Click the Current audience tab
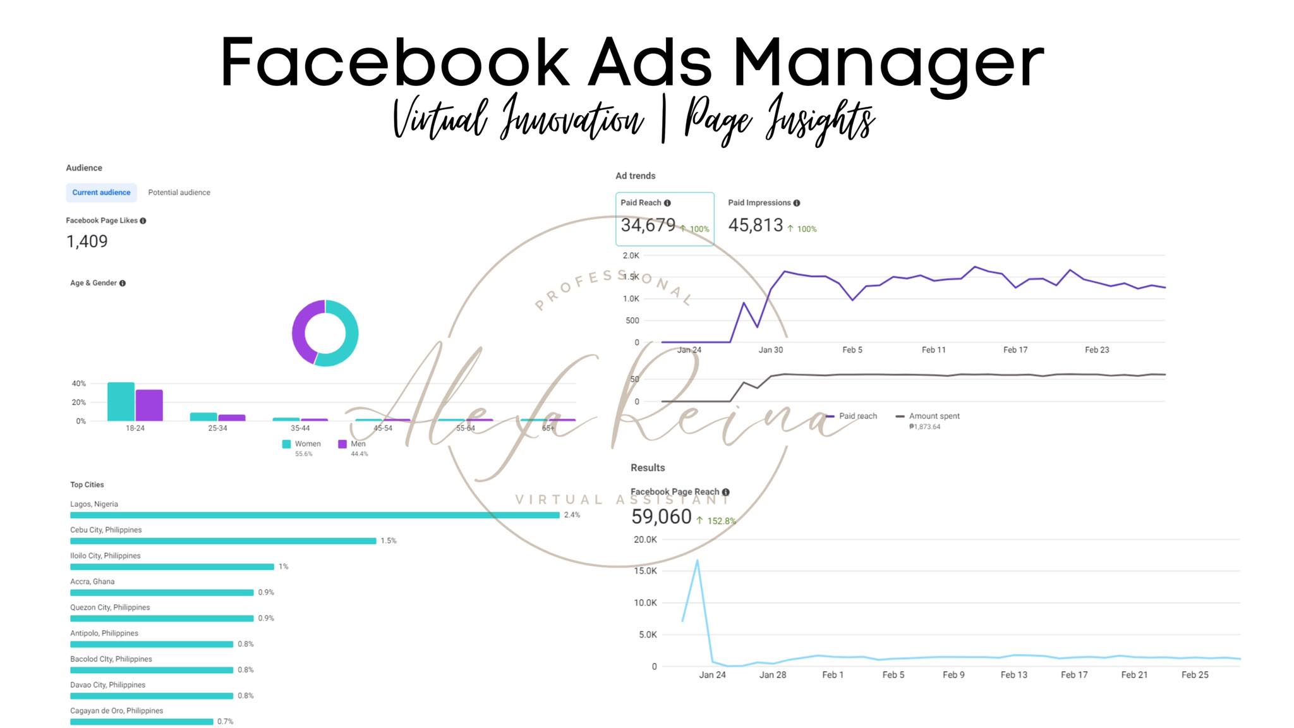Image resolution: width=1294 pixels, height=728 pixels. (x=101, y=193)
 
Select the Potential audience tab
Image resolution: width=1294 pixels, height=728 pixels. (x=179, y=193)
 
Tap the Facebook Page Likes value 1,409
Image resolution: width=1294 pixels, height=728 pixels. (x=87, y=241)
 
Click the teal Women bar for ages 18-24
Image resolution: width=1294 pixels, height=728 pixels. (x=121, y=402)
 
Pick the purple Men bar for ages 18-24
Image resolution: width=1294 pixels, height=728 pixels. (x=149, y=406)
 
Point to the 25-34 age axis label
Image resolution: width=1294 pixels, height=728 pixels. (x=217, y=428)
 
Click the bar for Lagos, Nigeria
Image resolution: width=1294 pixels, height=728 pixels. (x=315, y=515)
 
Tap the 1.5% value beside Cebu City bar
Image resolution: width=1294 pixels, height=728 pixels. (x=389, y=541)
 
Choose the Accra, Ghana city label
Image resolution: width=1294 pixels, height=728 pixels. (x=92, y=581)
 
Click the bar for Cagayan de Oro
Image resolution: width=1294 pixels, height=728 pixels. (x=142, y=722)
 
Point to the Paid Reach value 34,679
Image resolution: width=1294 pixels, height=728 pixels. (x=648, y=226)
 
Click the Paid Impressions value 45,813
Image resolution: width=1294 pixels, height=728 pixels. (x=755, y=226)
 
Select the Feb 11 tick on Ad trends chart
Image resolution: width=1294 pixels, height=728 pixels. (x=933, y=350)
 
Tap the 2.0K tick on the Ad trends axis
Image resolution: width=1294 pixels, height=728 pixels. (x=631, y=256)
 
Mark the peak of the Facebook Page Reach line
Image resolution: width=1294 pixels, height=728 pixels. (x=697, y=560)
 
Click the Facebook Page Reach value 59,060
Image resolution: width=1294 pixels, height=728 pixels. (x=661, y=517)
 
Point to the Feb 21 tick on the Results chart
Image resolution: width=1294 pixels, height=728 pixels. (x=1134, y=675)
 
